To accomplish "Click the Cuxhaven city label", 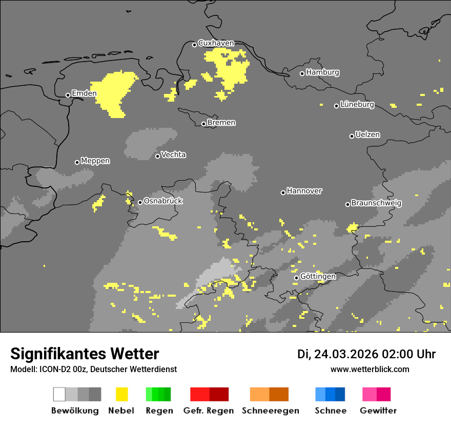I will (x=216, y=44).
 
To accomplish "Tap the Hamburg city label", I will (x=322, y=72).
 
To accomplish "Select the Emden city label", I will (x=84, y=93).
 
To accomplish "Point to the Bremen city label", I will (x=221, y=123).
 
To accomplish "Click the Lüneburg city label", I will (x=357, y=105).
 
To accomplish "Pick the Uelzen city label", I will (x=367, y=135).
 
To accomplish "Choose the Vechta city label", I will (x=173, y=155).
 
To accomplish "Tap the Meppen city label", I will (x=95, y=161).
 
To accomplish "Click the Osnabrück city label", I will (x=163, y=201).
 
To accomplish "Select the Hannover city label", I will (x=304, y=191).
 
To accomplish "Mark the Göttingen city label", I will (x=318, y=277).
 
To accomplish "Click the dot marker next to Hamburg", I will (x=302, y=73).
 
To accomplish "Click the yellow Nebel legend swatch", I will (x=121, y=394).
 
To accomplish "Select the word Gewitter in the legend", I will (x=378, y=411).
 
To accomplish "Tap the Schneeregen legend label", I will (x=270, y=411).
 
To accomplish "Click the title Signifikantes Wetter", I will (x=85, y=354).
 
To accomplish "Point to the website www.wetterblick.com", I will (x=370, y=369).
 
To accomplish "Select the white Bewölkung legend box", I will (x=59, y=394).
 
